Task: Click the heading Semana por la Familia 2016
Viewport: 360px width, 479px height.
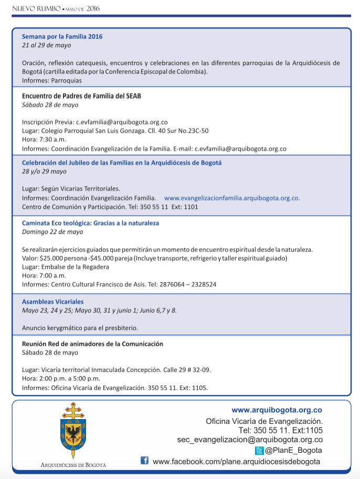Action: [x=62, y=37]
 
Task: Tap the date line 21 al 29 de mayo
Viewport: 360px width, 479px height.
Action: [x=46, y=45]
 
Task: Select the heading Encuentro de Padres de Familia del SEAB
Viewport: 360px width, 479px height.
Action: [x=81, y=96]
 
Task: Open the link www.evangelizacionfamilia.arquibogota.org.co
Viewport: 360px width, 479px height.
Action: [x=232, y=198]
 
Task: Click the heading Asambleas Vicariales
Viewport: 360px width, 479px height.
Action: [x=52, y=302]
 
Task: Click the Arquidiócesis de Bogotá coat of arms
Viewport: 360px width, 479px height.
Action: [x=73, y=431]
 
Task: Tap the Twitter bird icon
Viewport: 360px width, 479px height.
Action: [x=259, y=451]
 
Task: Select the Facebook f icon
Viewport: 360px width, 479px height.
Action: [x=144, y=461]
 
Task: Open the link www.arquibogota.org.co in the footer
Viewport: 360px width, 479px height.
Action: [x=277, y=410]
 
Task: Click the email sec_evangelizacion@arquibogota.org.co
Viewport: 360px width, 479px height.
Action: [x=250, y=440]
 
